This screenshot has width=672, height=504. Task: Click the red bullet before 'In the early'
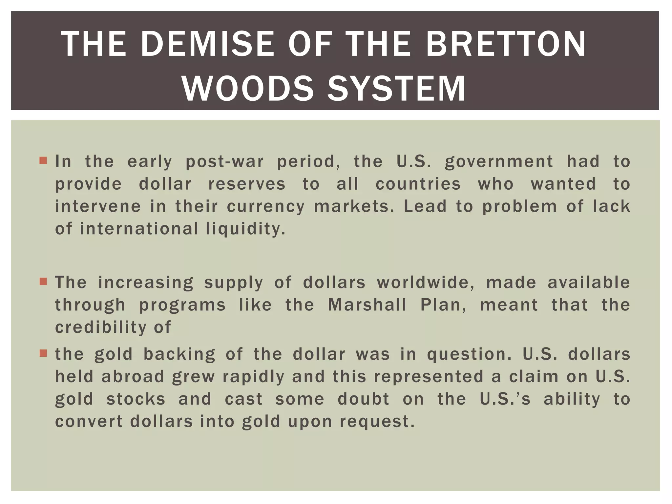coord(43,161)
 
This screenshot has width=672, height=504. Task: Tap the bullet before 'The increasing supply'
coord(43,282)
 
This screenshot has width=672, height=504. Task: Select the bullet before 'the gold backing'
coord(43,353)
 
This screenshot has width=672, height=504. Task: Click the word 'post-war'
coord(225,162)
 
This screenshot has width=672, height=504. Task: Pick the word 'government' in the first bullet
coord(499,162)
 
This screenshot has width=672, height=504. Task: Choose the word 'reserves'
coord(247,184)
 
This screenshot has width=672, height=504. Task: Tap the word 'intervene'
coord(98,206)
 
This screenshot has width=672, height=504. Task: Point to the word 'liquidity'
coord(245,229)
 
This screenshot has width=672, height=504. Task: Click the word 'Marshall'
coord(367,305)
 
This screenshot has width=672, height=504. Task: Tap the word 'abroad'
coord(133,377)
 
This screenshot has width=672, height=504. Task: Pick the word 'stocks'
coord(136,399)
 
